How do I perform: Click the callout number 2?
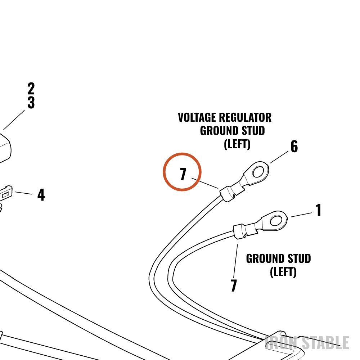(31, 89)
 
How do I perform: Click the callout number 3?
(31, 102)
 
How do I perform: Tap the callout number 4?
(41, 195)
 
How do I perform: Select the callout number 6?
(294, 147)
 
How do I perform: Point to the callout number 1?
(319, 210)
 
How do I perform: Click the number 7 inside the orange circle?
(183, 174)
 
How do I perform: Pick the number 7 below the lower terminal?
(234, 285)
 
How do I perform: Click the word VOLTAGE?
(197, 117)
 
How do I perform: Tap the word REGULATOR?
(245, 117)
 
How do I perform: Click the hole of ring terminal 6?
(258, 172)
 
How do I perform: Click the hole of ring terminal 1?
(276, 221)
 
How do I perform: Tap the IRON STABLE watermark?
(307, 343)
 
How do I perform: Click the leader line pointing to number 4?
(24, 193)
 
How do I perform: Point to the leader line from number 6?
(279, 157)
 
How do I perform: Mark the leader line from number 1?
(302, 215)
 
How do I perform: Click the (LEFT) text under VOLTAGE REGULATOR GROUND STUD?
(237, 144)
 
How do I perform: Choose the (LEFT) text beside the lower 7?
(283, 272)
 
